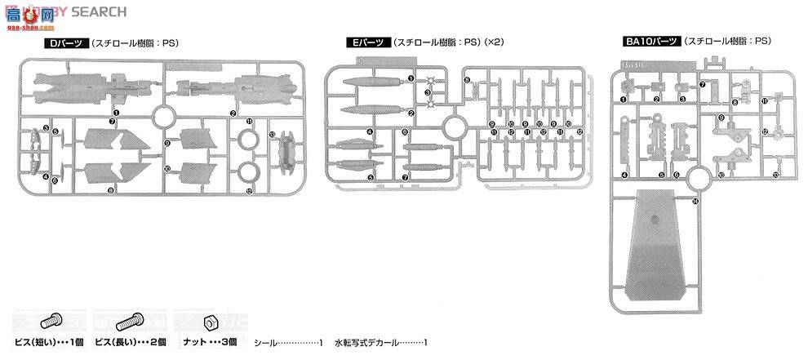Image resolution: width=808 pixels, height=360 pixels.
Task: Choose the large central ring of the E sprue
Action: click(x=455, y=126)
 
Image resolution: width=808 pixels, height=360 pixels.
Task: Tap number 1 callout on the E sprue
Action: click(x=411, y=79)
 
